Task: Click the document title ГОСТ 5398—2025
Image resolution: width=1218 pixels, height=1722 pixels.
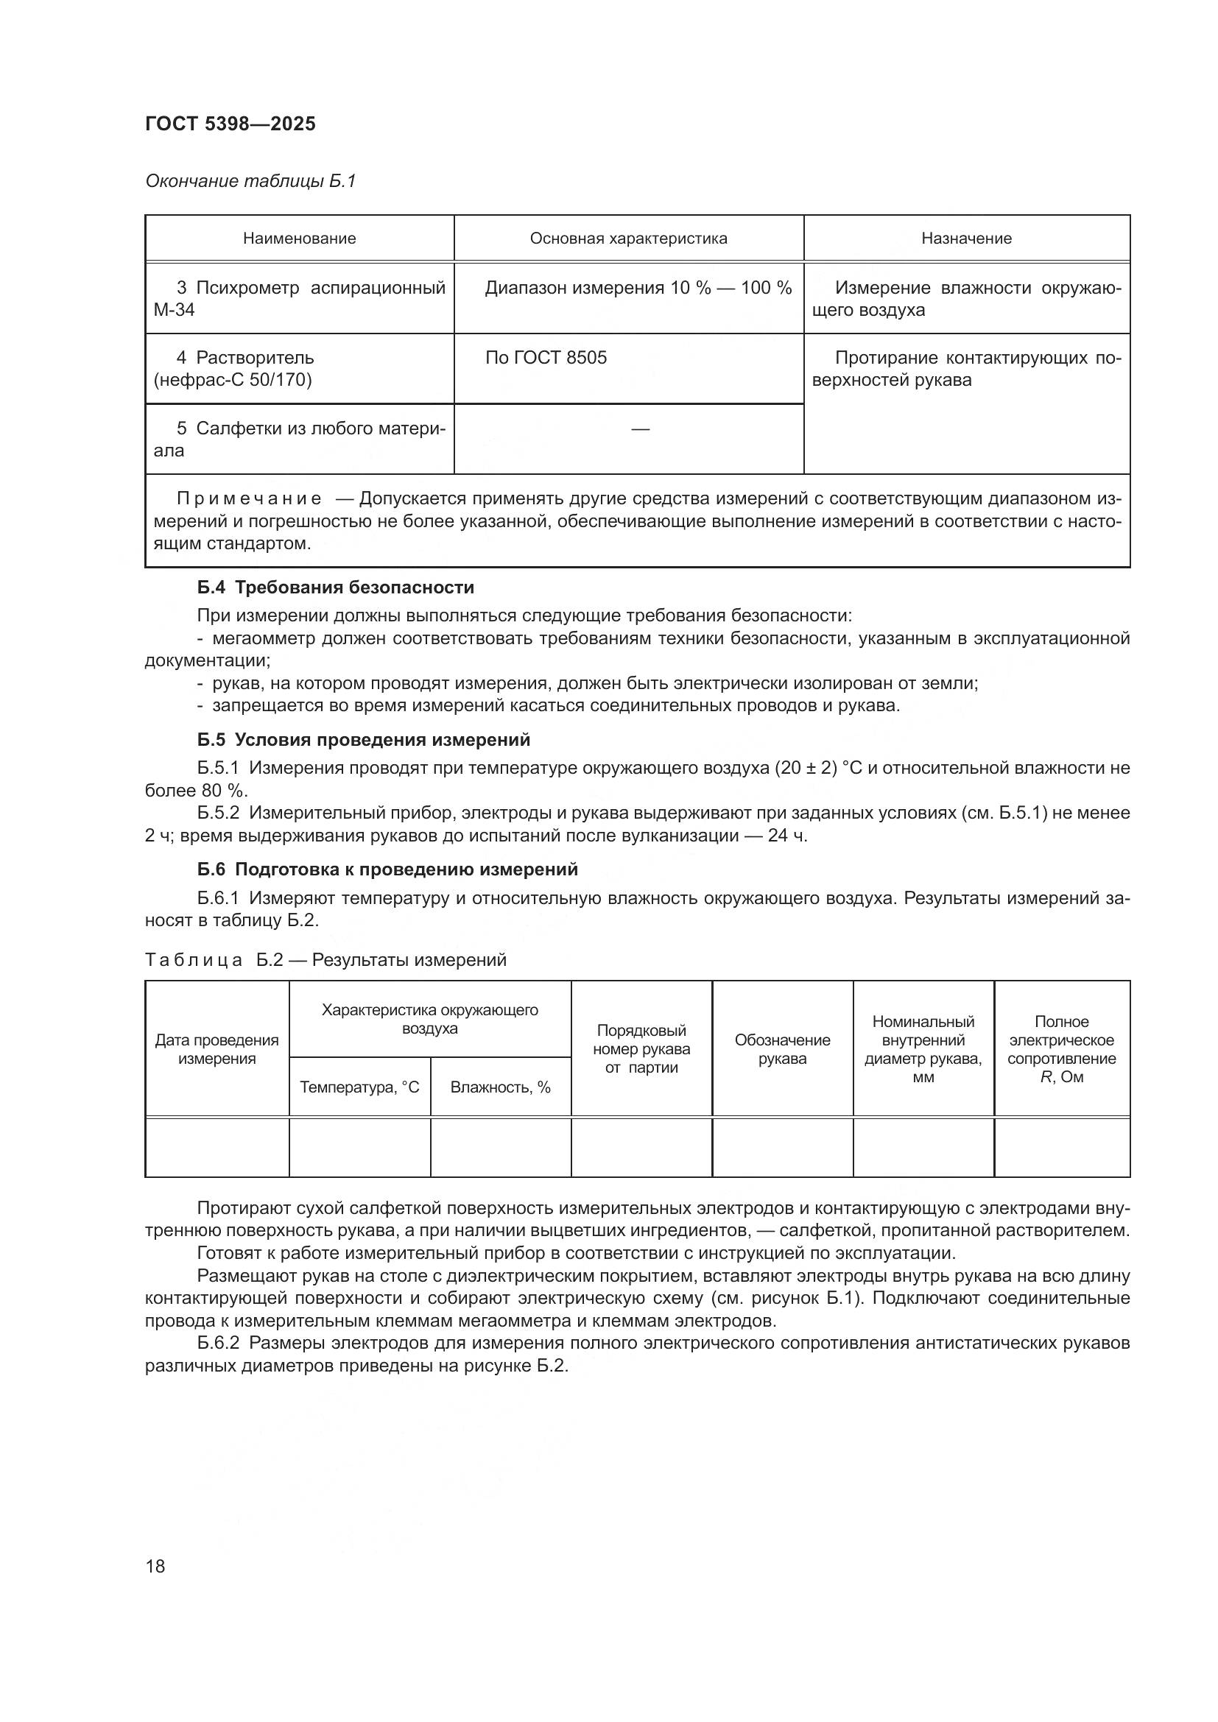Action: [230, 124]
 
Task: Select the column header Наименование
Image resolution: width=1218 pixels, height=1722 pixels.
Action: [299, 239]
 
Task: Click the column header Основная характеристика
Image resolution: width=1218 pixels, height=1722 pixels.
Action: [628, 239]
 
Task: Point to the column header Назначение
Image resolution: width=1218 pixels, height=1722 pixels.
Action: [966, 239]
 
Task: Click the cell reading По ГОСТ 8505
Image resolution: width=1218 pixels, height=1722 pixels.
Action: [546, 358]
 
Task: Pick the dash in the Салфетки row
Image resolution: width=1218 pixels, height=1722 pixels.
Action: [640, 429]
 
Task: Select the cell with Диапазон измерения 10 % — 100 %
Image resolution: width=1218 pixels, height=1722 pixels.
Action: [638, 288]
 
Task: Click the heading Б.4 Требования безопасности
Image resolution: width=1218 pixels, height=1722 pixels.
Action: [335, 587]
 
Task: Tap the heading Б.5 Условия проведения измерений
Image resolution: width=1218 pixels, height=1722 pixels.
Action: [364, 739]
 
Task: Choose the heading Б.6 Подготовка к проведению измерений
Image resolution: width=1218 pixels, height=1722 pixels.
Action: [388, 869]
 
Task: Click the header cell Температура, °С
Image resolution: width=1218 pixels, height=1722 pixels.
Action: [359, 1087]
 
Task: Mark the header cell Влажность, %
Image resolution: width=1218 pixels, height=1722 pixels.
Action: [500, 1087]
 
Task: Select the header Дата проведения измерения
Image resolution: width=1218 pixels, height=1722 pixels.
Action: [217, 1049]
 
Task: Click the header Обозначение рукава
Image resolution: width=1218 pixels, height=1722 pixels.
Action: [782, 1049]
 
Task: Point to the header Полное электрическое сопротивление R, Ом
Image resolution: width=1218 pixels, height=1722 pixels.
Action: [1061, 1049]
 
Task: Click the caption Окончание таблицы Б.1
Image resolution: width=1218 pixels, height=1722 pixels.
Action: [250, 181]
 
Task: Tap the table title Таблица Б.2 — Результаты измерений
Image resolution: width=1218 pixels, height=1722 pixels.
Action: [325, 960]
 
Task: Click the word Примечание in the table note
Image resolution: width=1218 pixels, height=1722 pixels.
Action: [249, 498]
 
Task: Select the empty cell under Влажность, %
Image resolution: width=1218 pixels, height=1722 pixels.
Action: [500, 1147]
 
